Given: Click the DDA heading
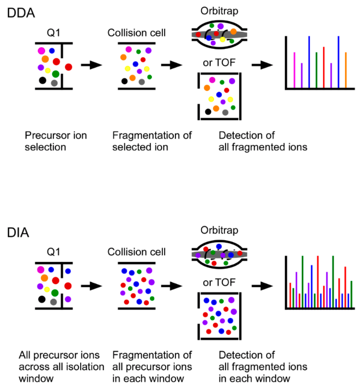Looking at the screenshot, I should point(21,13).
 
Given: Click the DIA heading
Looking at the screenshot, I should point(18,233).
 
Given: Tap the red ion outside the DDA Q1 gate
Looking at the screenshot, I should point(68,67).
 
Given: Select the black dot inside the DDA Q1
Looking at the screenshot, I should point(42,80).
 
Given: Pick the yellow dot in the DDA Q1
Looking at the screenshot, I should point(48,70).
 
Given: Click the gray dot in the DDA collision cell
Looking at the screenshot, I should point(142,82).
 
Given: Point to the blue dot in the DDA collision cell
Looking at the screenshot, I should point(135,64).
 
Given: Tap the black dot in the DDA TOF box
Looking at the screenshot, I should point(208,111).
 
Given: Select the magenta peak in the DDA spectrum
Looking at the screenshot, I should point(294,70).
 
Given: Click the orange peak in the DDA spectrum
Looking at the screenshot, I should point(346,70).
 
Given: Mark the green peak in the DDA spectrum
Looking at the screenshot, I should point(316,70).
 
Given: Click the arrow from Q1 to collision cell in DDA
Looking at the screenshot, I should point(91,65).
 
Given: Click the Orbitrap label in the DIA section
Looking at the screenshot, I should point(219,230).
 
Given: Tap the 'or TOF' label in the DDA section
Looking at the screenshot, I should point(219,63).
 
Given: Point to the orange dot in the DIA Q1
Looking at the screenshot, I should point(44,278).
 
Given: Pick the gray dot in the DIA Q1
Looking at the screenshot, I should point(53,302).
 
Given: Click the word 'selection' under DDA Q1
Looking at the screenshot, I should point(45,147).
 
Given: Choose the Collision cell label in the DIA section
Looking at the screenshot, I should point(137,252).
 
